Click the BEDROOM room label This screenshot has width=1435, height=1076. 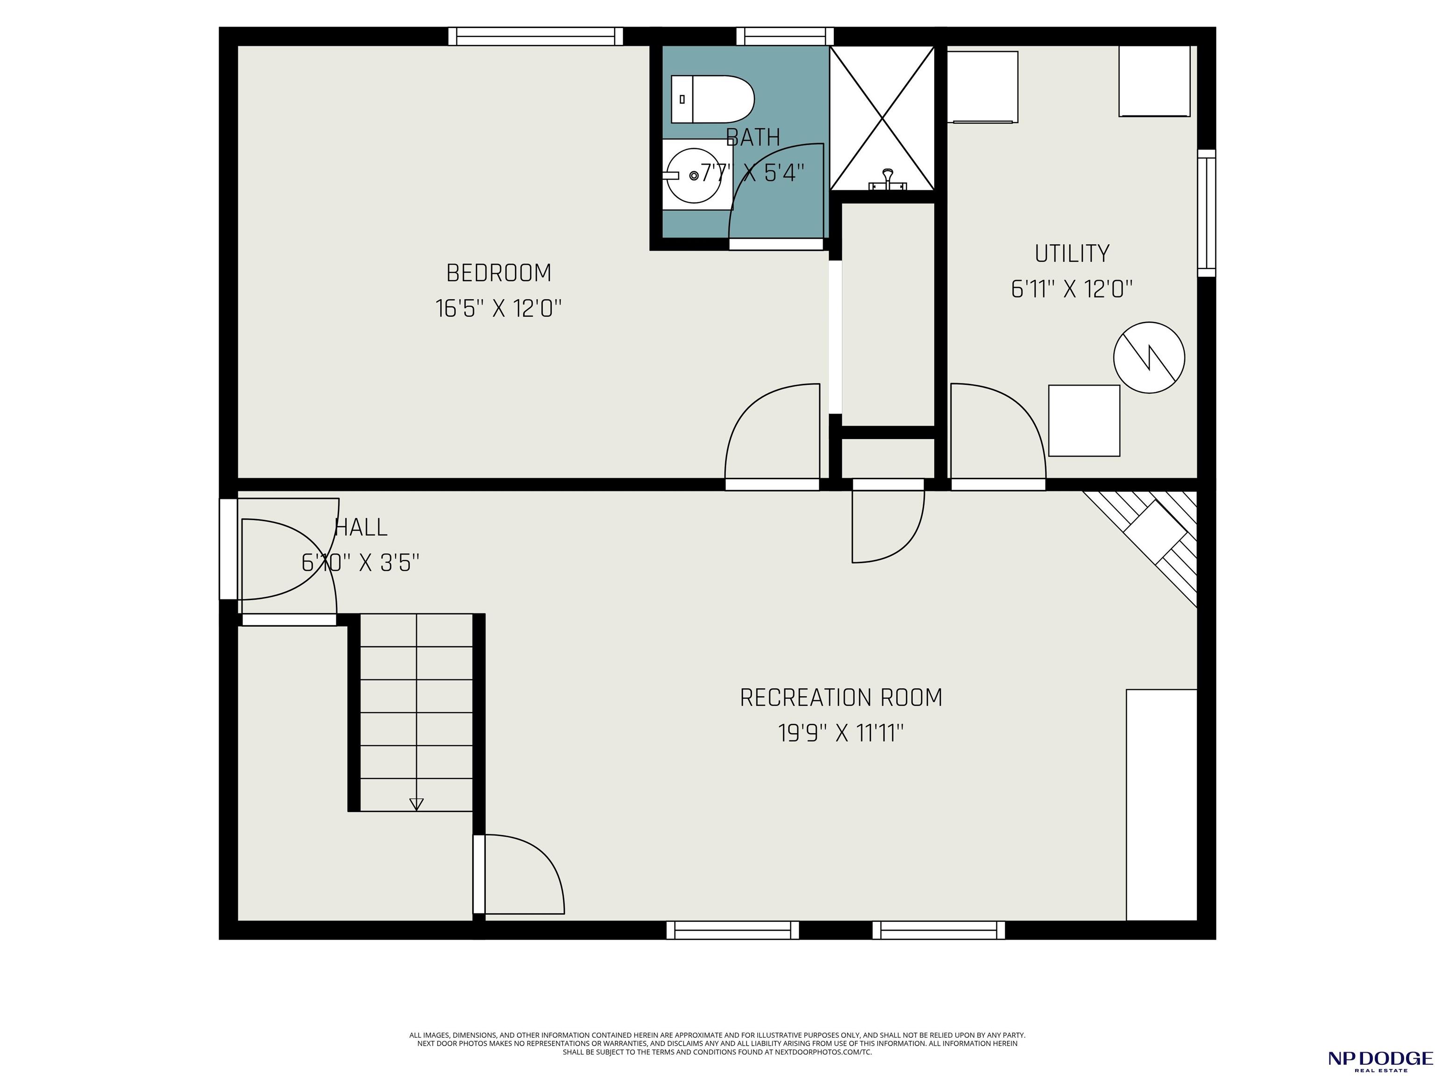tap(498, 273)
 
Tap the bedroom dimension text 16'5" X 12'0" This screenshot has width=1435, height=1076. tap(498, 309)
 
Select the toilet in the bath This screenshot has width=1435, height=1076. tap(712, 99)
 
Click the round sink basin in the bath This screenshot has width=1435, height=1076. tap(694, 175)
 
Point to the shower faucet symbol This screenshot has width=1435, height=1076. tap(888, 180)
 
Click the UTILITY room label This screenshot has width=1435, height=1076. tap(1072, 254)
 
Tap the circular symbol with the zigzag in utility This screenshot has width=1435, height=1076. tap(1149, 357)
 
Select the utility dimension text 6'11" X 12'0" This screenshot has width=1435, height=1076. tap(1072, 289)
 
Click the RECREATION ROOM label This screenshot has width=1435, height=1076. tap(841, 698)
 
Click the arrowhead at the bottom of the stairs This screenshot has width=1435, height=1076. tap(417, 804)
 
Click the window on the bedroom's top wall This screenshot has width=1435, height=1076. tap(536, 36)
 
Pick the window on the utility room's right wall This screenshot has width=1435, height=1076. tap(1207, 213)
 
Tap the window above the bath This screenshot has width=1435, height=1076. tap(785, 36)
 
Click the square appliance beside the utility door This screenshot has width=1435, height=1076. tap(1084, 421)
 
